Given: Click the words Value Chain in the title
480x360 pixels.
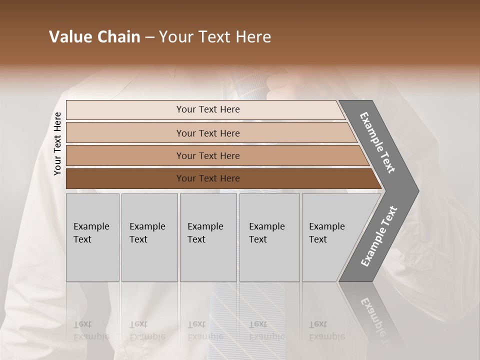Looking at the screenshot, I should click(x=94, y=37).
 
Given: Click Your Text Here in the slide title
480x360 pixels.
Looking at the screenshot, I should click(x=215, y=37).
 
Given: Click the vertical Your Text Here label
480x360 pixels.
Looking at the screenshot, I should click(x=57, y=144).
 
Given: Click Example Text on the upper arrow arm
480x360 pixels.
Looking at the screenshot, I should click(x=377, y=142).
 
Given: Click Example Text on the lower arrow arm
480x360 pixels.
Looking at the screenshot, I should click(x=378, y=236).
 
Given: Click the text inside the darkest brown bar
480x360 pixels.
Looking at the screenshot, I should click(x=208, y=178).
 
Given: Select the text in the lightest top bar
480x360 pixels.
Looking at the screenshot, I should click(x=208, y=109).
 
